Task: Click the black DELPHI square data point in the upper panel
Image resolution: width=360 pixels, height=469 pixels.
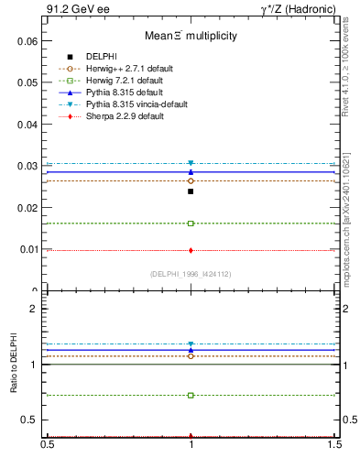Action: click(x=191, y=191)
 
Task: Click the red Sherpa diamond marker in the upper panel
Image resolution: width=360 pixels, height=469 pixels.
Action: click(x=191, y=250)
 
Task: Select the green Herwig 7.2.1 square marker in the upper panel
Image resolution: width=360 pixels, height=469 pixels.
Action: click(x=191, y=224)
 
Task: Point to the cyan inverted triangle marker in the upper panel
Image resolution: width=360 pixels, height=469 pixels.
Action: click(x=191, y=163)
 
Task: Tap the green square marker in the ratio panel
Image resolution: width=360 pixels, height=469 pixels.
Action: click(x=191, y=396)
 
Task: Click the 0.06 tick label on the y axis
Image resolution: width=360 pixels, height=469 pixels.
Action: click(x=27, y=41)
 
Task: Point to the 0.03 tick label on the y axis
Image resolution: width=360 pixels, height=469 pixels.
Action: click(x=27, y=166)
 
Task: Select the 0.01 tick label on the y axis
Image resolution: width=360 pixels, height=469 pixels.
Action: click(x=27, y=249)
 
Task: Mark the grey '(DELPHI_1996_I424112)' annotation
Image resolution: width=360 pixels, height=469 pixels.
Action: click(x=191, y=274)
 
